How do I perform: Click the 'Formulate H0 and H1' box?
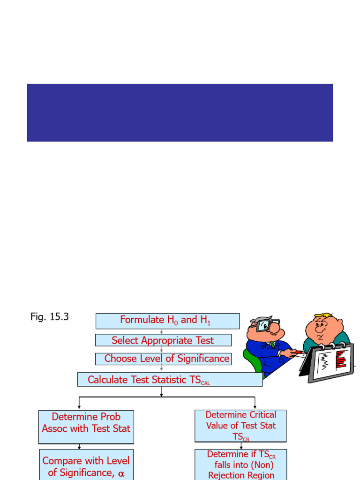167,321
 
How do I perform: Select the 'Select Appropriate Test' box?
163,340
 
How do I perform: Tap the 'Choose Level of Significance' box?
163,359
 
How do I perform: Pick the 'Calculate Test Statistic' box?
170,380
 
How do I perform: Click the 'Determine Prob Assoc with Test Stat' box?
86,427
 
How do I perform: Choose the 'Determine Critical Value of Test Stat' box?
240,426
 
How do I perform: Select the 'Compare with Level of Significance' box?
86,465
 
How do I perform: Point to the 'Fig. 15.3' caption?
50,317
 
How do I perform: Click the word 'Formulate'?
142,320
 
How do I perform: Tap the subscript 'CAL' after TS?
205,383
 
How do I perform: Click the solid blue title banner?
180,112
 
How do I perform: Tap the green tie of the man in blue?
272,345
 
